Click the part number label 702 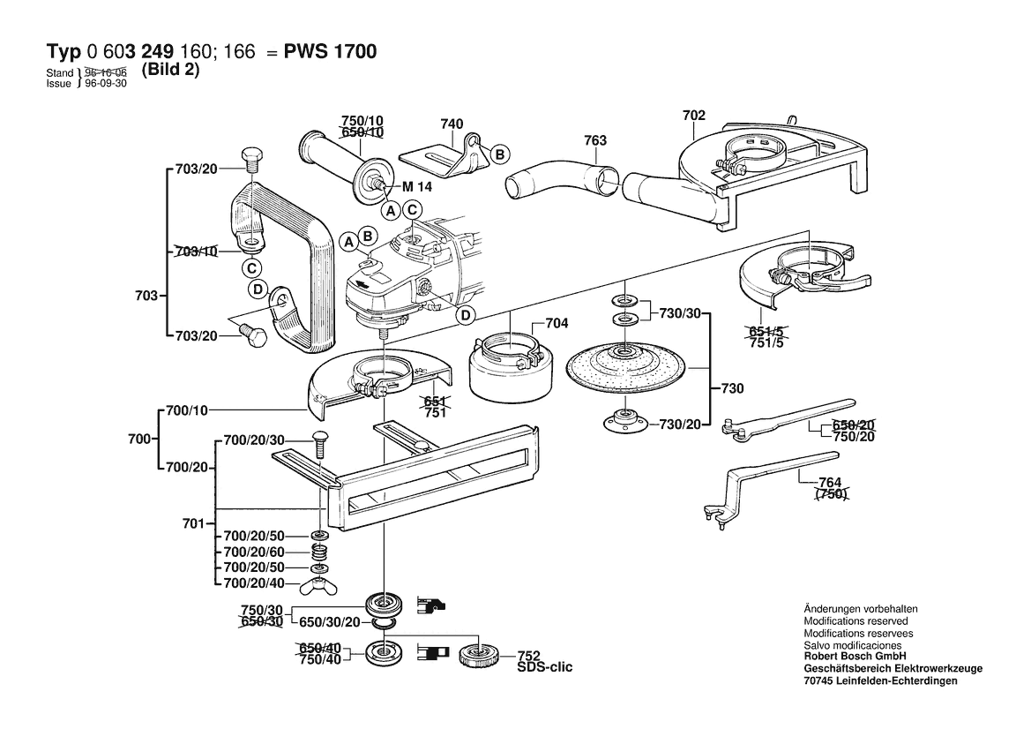(693, 116)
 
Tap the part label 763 (595, 139)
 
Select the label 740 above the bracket (452, 124)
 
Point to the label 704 (557, 323)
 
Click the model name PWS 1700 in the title (330, 52)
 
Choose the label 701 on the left (193, 523)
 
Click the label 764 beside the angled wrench (830, 482)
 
